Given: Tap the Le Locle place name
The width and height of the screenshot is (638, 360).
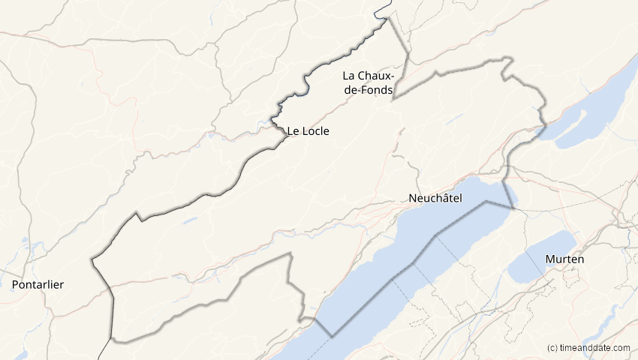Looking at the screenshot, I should tap(308, 130).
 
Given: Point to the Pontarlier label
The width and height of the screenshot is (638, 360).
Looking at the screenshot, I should tap(38, 285).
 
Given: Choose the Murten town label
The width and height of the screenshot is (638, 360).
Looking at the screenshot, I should tap(566, 259).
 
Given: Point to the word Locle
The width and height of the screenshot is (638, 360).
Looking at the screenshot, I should tap(316, 130).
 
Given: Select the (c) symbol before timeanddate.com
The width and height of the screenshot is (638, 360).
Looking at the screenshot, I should tap(552, 347).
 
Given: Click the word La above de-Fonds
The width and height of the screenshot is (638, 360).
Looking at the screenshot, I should tap(350, 75).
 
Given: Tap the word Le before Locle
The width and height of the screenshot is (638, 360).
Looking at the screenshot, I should tap(293, 130).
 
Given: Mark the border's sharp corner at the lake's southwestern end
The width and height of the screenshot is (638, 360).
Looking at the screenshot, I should tap(332, 337).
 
